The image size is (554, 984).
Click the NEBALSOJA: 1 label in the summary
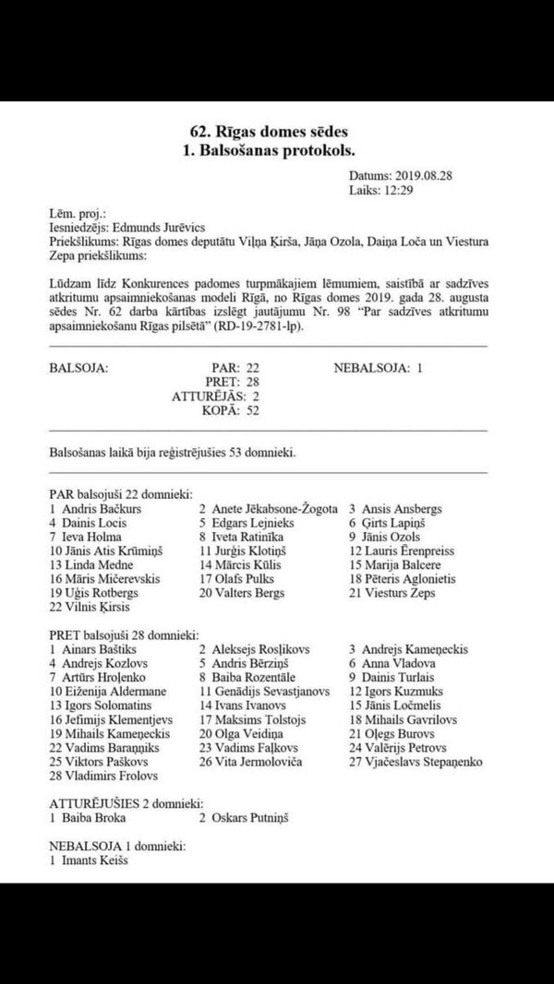378,367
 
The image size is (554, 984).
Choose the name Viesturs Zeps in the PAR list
401,593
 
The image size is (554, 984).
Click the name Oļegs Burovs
400,733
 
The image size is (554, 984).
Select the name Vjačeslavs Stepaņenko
423,762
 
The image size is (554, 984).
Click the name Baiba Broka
91,817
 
